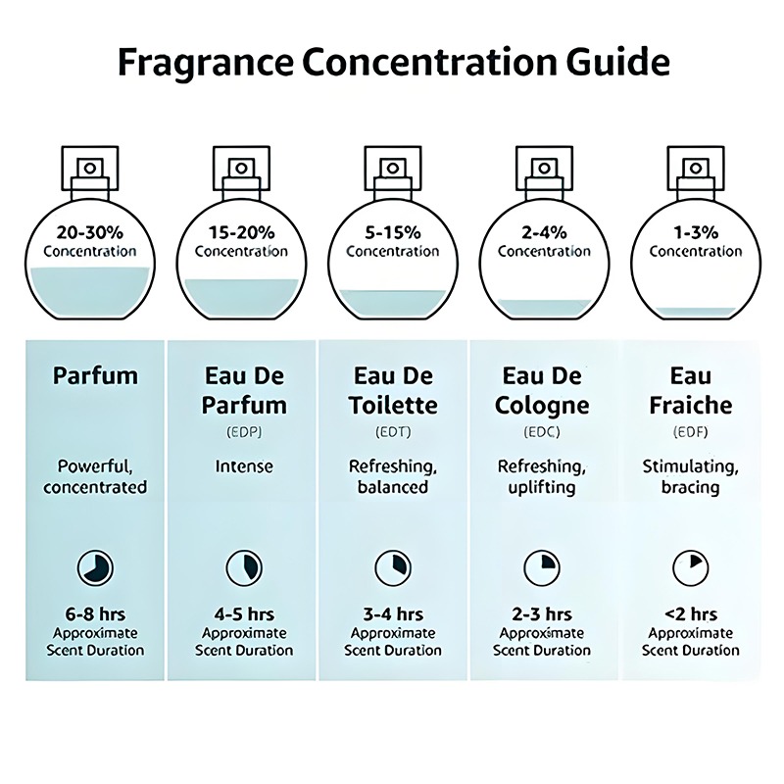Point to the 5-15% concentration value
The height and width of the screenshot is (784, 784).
click(392, 232)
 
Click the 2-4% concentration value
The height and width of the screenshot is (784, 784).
click(544, 232)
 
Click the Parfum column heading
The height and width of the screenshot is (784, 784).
click(95, 376)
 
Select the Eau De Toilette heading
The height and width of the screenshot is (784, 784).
click(392, 390)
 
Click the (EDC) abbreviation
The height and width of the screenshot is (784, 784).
click(544, 430)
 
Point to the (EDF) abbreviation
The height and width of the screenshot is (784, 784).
click(690, 430)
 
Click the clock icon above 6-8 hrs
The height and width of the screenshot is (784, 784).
click(95, 566)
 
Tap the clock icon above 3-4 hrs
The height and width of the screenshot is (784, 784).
click(392, 566)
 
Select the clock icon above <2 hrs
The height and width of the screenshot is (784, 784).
click(690, 566)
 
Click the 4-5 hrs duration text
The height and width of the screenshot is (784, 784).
click(245, 614)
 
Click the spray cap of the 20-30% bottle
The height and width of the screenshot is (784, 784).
click(89, 169)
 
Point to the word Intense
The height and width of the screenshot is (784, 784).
click(244, 466)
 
